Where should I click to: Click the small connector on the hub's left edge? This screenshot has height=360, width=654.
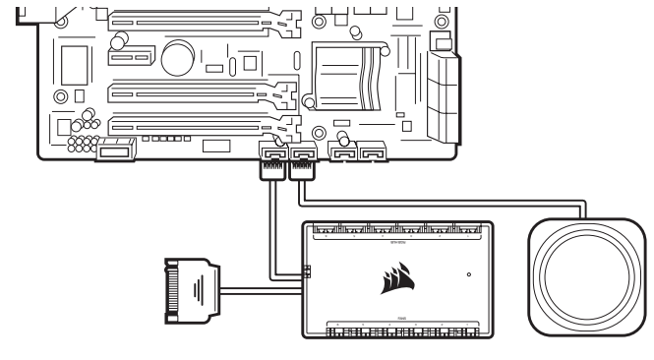coord(306,272)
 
